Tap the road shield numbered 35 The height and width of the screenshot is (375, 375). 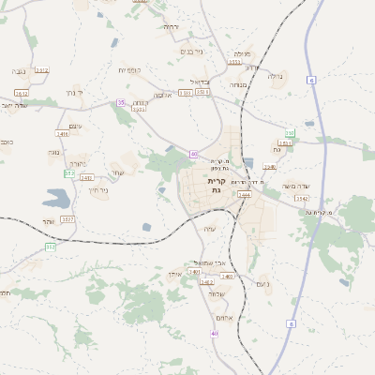[x=120, y=102]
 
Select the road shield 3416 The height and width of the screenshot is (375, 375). [x=63, y=134]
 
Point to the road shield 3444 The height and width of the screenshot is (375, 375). [x=244, y=195]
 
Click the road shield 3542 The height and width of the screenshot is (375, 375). [x=301, y=199]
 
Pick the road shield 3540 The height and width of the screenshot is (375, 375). [x=270, y=167]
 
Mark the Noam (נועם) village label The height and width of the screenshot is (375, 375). [x=262, y=283]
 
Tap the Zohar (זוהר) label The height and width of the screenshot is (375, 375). [x=49, y=222]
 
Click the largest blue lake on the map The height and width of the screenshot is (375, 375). [x=56, y=199]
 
